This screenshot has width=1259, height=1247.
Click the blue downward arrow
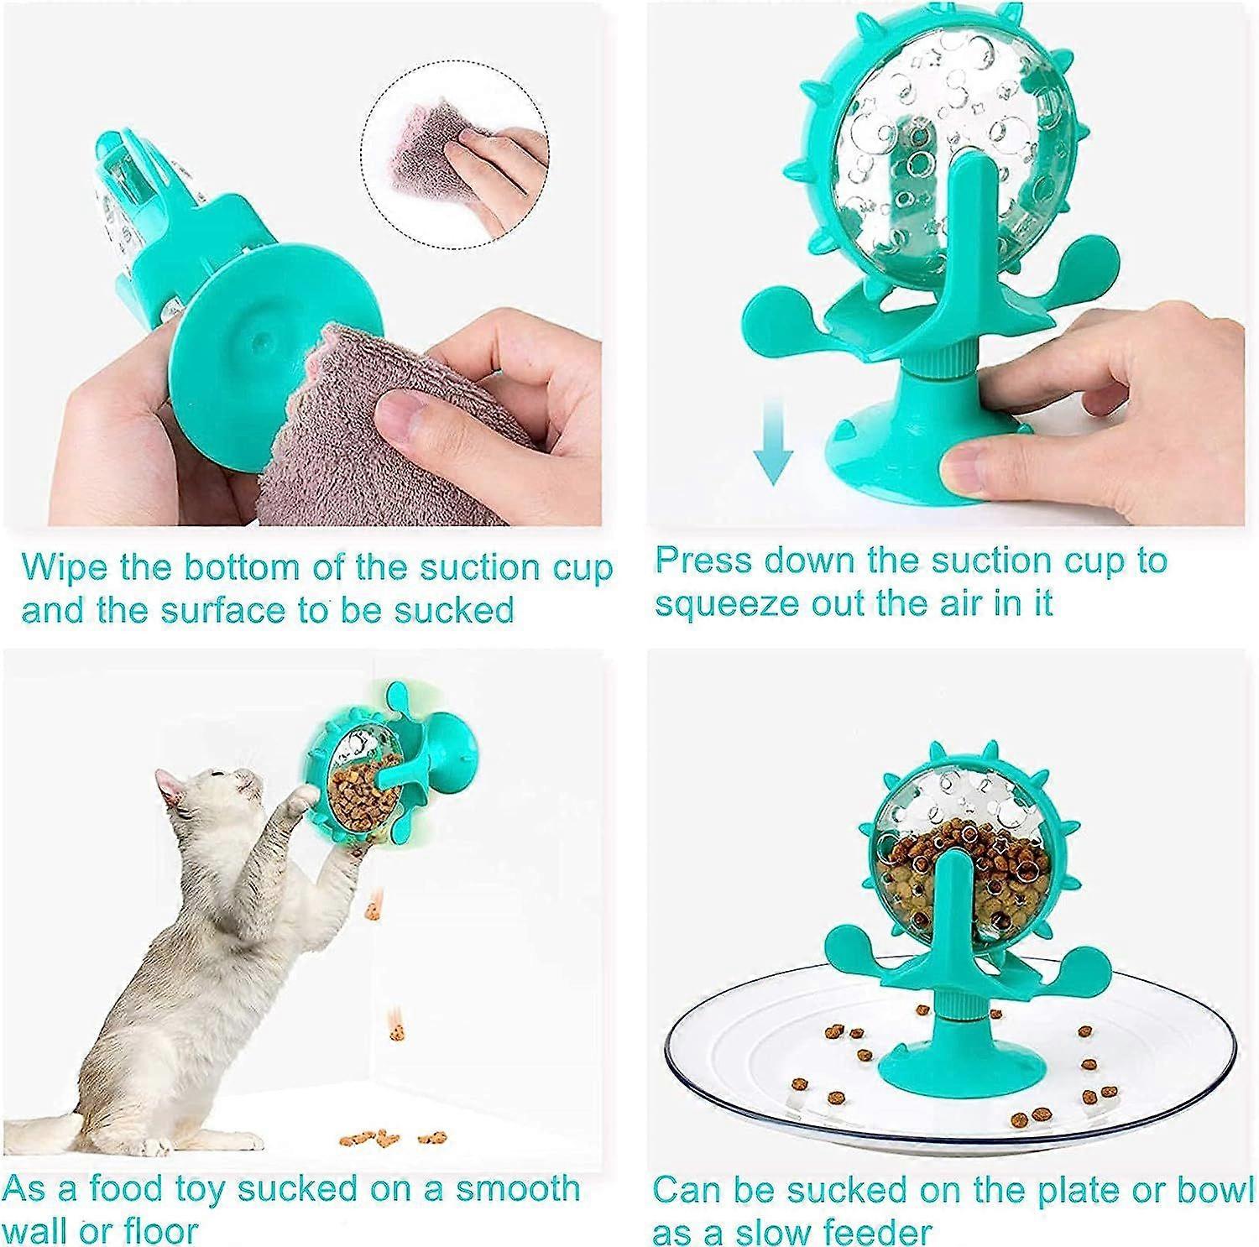point(773,440)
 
